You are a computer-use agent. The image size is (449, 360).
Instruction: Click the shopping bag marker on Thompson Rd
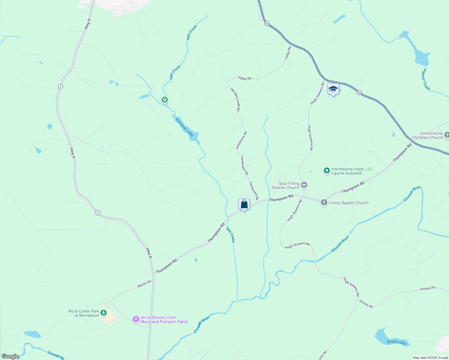coord(244,205)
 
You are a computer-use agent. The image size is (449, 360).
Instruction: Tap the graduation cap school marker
coord(333,89)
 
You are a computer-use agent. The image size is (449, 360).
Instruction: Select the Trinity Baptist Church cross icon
coord(324,202)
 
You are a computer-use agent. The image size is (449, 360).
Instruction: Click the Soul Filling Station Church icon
coord(304,185)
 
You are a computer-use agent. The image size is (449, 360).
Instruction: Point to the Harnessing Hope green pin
coord(327,171)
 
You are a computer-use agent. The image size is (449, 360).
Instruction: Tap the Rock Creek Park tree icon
coord(104,313)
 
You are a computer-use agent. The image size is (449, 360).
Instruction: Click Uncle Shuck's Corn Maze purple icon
coord(136,319)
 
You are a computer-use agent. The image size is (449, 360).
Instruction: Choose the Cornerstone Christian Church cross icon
coord(447,135)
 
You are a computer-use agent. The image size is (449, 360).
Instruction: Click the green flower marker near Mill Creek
coord(164,100)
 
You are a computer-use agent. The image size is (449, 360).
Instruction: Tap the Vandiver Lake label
coord(184,127)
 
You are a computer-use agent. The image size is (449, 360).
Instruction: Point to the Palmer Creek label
coord(426,79)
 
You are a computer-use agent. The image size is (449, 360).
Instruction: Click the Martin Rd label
coord(144,284)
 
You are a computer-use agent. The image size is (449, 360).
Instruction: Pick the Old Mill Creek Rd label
coord(235,100)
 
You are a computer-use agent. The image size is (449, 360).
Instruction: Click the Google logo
coord(10,356)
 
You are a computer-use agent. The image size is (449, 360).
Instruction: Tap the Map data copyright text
coord(430,358)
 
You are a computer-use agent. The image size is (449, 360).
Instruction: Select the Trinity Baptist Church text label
coord(348,203)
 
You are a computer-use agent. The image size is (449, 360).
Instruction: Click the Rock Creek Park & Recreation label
coord(84,313)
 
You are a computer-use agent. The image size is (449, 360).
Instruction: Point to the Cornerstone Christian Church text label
coord(427,135)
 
